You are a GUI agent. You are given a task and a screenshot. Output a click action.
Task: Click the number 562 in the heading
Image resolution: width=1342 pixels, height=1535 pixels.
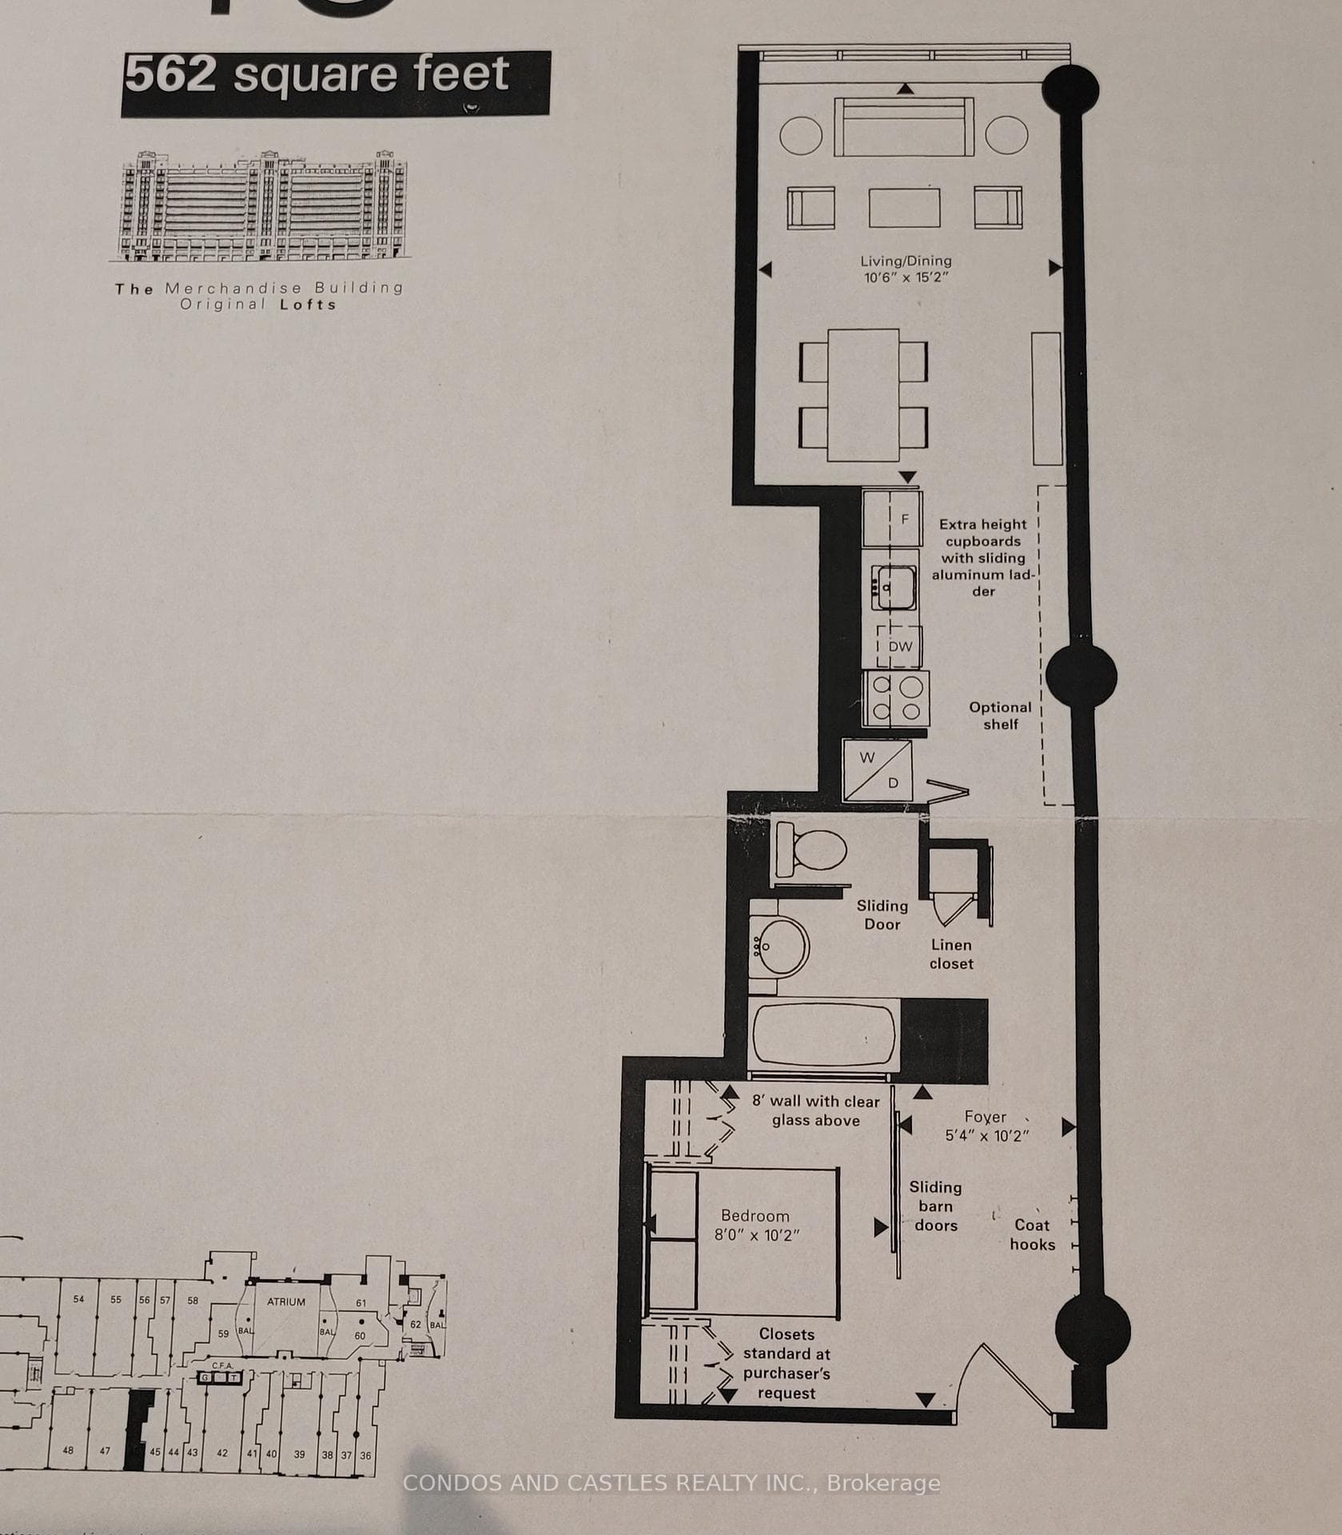pos(170,75)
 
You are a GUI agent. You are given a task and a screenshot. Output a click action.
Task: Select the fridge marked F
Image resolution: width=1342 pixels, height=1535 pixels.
pos(891,519)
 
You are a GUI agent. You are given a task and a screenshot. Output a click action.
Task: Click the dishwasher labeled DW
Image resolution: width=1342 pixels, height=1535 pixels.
pos(899,646)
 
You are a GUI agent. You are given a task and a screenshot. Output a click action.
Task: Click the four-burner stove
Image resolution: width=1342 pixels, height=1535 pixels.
pos(896,698)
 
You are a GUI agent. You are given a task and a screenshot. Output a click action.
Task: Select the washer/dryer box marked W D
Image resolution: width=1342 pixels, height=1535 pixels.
pos(877,770)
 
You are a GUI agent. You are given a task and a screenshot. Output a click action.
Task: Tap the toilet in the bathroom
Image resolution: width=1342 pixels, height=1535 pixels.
pos(812,849)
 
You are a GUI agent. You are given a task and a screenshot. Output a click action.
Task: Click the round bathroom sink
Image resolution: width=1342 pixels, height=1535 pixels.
pos(779,947)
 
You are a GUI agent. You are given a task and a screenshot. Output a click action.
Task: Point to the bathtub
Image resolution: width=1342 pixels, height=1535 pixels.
pos(824,1035)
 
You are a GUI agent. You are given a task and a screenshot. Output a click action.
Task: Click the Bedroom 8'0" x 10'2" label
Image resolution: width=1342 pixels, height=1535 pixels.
pos(755,1225)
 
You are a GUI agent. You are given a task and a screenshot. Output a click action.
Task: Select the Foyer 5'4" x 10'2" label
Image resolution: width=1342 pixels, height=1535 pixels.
pos(986,1126)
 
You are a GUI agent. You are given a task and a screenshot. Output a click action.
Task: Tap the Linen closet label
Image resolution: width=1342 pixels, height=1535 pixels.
pos(951,954)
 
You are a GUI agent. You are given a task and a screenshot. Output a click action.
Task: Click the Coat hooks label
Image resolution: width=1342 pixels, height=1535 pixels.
pos(1032,1234)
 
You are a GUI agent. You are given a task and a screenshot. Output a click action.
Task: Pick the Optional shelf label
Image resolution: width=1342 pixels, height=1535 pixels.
pos(1000,716)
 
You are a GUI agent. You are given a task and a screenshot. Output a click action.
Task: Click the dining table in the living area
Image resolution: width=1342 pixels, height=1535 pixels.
pos(863,395)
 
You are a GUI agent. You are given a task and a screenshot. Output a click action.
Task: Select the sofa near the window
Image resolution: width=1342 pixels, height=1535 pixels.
pos(904,128)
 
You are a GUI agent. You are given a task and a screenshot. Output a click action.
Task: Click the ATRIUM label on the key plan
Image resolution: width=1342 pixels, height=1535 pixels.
pos(286,1302)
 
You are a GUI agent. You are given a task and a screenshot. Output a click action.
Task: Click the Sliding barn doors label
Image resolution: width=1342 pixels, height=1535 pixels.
pos(935,1206)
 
